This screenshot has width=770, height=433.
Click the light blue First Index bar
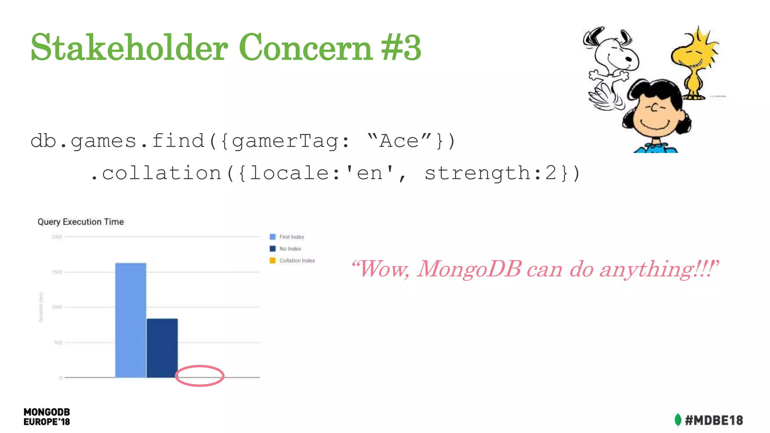click(130, 320)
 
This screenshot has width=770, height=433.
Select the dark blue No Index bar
click(162, 348)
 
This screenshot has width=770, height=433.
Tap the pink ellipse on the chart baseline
click(200, 375)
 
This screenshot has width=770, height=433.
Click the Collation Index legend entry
click(293, 260)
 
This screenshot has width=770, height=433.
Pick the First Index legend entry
click(287, 237)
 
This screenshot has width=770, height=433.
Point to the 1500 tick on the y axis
click(57, 272)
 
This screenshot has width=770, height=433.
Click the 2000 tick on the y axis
click(57, 237)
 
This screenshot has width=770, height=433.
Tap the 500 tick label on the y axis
click(58, 342)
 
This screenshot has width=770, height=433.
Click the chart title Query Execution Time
click(80, 222)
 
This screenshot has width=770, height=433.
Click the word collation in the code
click(162, 173)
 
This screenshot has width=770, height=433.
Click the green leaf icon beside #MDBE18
click(678, 420)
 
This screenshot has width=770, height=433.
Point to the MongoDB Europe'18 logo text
click(47, 417)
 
